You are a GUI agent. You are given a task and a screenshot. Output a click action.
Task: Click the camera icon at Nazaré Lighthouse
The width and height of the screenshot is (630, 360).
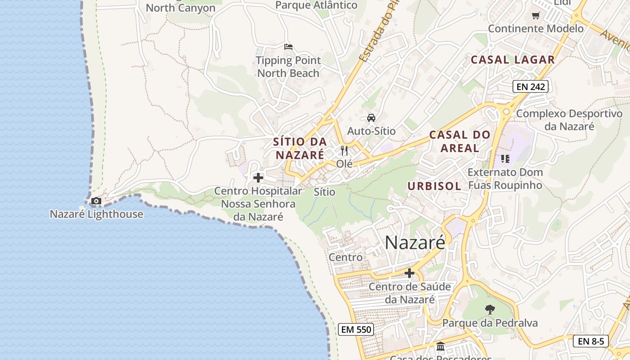coord(96,201)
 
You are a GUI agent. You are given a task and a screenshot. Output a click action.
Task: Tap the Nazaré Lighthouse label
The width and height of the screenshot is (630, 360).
coord(96,214)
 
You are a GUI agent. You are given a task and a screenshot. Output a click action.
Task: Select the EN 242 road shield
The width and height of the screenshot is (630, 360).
coord(531,86)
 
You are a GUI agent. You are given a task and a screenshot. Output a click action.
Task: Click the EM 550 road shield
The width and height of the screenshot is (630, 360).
coord(356,329)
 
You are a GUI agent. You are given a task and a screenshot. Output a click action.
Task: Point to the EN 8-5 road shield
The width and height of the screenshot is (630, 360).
coord(591,341)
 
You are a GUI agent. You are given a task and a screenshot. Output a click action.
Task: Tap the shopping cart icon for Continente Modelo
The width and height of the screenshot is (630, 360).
coord(535,16)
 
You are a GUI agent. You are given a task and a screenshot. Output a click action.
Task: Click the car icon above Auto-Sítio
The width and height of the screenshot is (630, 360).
coord(371,118)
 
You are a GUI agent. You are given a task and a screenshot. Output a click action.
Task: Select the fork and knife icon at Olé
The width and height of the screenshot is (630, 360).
coord(345,151)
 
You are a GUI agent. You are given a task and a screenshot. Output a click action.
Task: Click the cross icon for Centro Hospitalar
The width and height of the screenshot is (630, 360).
coord(258,178)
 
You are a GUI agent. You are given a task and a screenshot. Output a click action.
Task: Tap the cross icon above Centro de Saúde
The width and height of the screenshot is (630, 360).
coord(409,273)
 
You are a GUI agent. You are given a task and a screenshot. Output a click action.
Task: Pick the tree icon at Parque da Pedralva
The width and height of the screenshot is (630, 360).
coord(490,310)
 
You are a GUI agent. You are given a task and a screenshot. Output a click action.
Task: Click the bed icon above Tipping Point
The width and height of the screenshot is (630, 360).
coord(288,46)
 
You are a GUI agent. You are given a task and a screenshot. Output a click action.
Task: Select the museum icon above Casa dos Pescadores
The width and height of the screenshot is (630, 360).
coord(441,346)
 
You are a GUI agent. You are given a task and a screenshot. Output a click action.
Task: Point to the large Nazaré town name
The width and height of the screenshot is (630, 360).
coord(415,243)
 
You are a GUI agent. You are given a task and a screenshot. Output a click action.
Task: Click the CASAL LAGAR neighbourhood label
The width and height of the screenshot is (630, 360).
coord(513,59)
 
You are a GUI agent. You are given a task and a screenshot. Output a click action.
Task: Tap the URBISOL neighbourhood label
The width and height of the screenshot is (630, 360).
coord(434,186)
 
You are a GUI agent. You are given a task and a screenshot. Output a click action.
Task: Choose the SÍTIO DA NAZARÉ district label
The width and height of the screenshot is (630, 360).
coord(300,148)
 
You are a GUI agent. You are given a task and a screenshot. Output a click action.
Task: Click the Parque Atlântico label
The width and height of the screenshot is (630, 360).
coord(316,5)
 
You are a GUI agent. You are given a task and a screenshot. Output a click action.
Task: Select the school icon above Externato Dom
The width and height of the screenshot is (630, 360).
coord(505,158)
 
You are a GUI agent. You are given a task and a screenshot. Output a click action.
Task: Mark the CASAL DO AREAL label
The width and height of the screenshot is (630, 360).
coord(459,141)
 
